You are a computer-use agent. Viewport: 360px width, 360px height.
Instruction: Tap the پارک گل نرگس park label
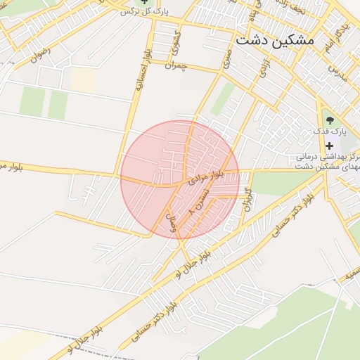(145, 12)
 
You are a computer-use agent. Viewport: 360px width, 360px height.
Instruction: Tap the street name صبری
(226, 58)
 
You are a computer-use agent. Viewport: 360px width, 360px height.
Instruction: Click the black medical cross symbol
(329, 146)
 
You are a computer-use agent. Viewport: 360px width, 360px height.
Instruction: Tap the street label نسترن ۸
(200, 201)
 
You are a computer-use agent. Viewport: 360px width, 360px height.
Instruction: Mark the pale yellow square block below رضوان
(82, 79)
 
